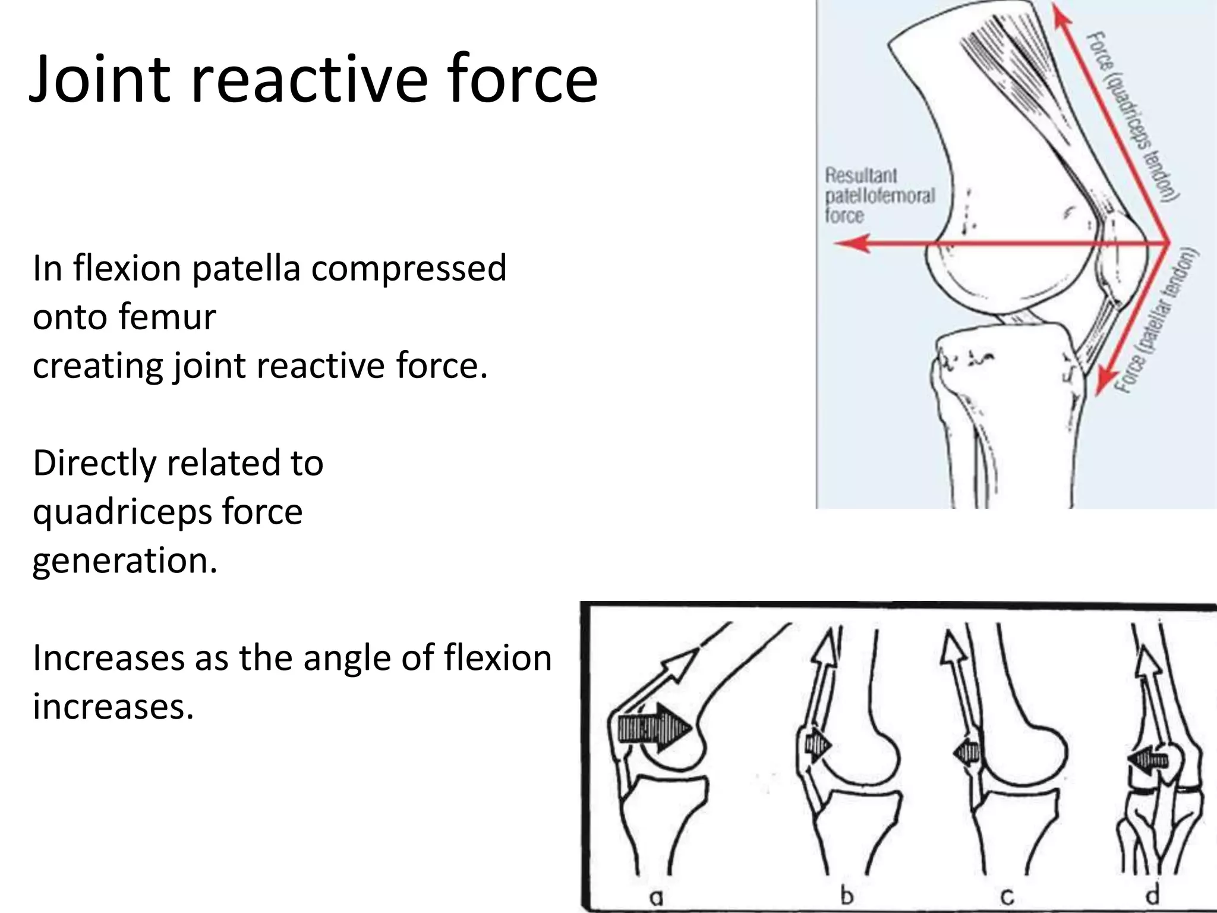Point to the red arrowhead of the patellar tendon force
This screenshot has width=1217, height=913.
(x=1104, y=381)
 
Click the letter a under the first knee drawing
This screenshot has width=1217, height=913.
(x=655, y=897)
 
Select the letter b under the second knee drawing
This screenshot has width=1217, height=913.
(x=847, y=895)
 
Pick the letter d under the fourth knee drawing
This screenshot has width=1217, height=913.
(x=1152, y=895)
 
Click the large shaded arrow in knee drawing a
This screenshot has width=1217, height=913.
(x=654, y=729)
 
